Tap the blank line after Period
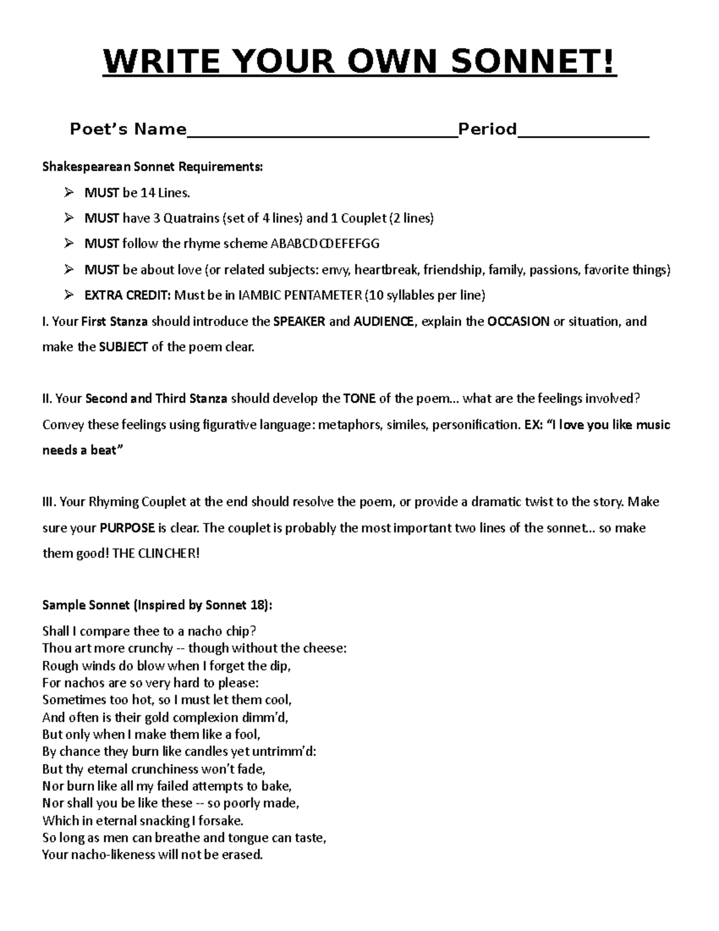(x=583, y=133)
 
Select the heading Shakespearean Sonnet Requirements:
(x=152, y=167)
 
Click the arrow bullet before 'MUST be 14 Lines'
(x=69, y=192)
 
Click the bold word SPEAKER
(x=299, y=321)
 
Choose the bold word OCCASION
(x=518, y=321)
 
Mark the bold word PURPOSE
(x=126, y=529)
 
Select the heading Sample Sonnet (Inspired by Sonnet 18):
(x=157, y=605)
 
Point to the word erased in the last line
(x=242, y=855)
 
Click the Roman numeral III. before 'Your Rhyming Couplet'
(x=49, y=502)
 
